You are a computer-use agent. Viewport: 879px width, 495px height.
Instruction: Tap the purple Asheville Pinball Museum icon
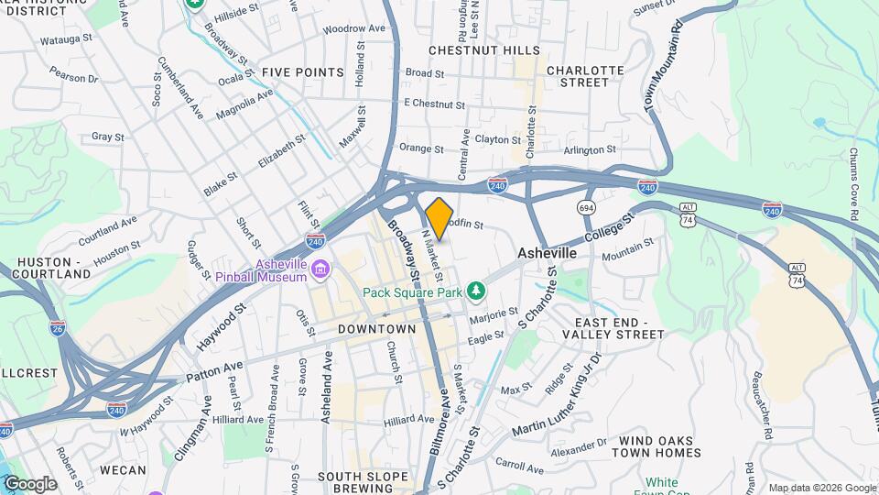click(320, 269)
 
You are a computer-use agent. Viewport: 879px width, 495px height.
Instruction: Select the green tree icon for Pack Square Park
click(475, 291)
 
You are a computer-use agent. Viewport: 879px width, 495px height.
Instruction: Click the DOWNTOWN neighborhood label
click(376, 328)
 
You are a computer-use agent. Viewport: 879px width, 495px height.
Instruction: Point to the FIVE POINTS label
click(302, 71)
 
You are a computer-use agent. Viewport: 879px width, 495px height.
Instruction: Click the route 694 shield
click(587, 208)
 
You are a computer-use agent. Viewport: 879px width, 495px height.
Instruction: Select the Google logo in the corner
click(29, 484)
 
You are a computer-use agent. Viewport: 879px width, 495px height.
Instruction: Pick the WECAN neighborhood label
click(123, 470)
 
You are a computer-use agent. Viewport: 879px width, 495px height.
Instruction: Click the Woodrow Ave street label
click(354, 29)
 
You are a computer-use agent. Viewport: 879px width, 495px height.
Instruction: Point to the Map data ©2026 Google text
click(821, 488)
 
